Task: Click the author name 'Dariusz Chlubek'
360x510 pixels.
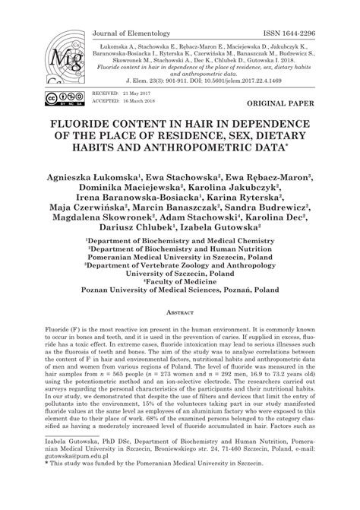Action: (x=149, y=226)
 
